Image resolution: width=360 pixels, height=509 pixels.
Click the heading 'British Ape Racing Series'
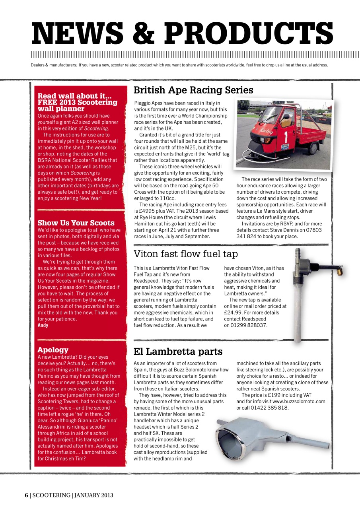[193, 90]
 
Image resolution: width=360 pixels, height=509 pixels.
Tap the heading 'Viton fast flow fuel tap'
[185, 254]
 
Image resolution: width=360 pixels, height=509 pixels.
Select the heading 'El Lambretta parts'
[178, 352]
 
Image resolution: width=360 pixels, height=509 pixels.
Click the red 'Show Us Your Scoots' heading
[76, 223]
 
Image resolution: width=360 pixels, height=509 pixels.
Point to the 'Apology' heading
[53, 350]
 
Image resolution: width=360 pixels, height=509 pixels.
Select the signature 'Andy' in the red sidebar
[43, 325]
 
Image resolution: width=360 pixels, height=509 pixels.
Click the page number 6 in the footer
[26, 495]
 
